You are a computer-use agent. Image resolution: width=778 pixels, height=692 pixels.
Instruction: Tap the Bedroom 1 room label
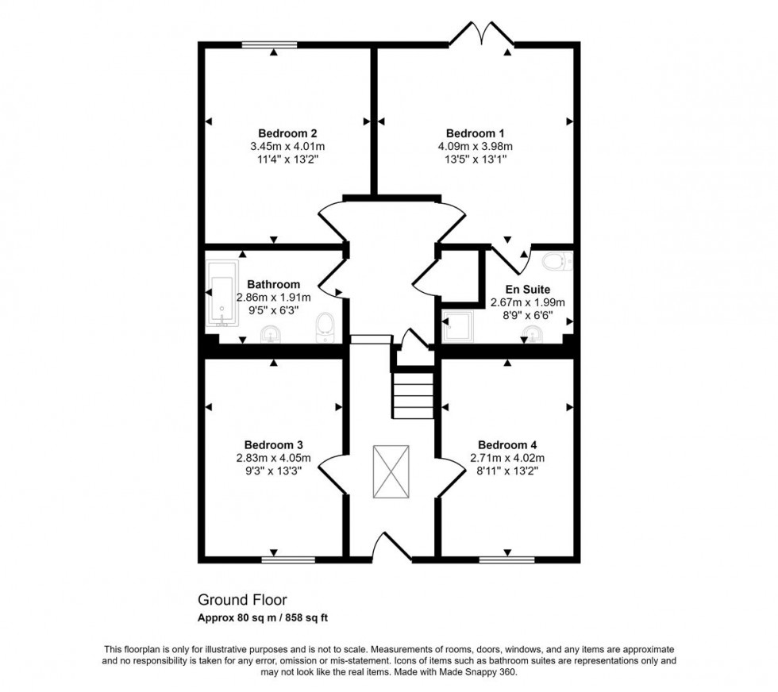475,133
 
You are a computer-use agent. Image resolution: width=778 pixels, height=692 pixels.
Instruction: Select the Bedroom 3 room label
273,445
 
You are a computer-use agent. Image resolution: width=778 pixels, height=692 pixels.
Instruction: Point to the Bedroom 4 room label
507,445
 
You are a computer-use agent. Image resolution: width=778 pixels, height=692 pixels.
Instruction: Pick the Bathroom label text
273,284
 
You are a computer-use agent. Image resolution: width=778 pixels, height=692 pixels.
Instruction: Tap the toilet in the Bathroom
324,327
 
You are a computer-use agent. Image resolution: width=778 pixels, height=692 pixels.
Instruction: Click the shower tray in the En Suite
456,327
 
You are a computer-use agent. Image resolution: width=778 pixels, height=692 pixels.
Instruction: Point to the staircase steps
413,395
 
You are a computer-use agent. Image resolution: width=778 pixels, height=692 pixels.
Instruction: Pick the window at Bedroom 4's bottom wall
506,559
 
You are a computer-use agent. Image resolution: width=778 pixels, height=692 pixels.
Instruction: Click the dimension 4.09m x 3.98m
475,146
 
